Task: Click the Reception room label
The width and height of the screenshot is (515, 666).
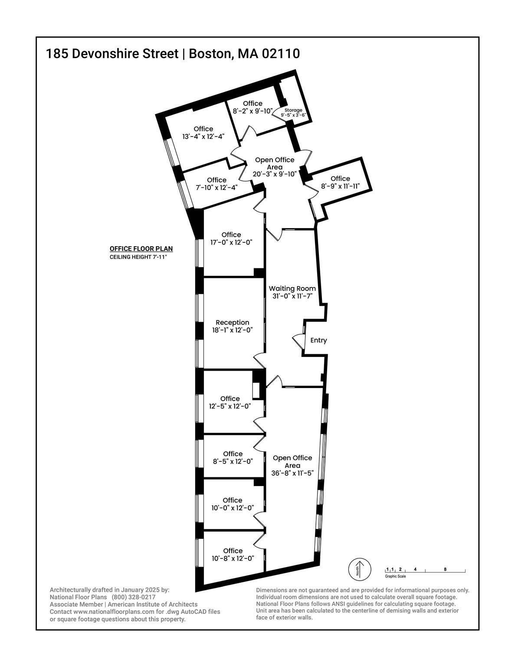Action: [x=233, y=323]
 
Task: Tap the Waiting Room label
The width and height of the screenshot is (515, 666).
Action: [x=292, y=288]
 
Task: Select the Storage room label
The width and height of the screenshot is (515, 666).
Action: [x=293, y=110]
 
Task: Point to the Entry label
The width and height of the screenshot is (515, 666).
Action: [x=318, y=340]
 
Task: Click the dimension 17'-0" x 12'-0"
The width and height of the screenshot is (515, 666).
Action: [x=231, y=242]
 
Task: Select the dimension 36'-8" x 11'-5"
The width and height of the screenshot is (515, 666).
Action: [x=292, y=473]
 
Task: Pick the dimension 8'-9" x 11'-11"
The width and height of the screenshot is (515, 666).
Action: [x=340, y=186]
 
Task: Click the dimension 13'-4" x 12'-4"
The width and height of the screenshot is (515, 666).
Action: [x=203, y=137]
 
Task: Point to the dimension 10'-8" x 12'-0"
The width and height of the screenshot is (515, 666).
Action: [x=233, y=558]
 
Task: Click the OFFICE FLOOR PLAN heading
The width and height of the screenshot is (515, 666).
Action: [x=141, y=249]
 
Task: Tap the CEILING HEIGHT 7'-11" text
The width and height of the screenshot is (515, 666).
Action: [x=138, y=257]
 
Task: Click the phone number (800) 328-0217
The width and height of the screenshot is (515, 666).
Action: [x=134, y=597]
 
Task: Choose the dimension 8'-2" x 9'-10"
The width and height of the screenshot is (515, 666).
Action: [x=253, y=111]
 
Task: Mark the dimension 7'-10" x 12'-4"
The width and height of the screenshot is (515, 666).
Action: [x=217, y=188]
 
